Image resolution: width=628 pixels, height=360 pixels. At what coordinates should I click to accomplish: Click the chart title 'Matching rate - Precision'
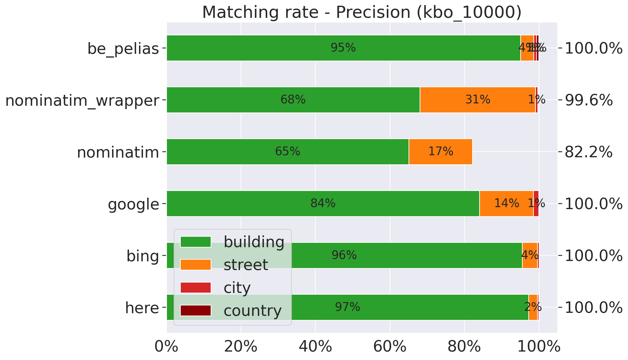click(x=362, y=12)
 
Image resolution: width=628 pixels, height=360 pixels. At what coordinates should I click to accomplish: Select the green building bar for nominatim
click(x=288, y=152)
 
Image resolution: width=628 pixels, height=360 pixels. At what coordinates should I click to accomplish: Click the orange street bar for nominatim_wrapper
click(x=478, y=100)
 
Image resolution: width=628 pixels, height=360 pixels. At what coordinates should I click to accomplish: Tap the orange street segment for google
click(x=506, y=203)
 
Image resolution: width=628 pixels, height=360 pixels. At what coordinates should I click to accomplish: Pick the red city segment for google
click(x=536, y=203)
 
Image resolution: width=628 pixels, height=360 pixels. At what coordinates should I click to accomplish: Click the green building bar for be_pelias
click(x=343, y=48)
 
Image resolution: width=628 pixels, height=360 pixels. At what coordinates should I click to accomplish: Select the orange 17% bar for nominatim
click(x=441, y=152)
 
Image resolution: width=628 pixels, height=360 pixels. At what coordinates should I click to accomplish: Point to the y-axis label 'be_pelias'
click(x=123, y=49)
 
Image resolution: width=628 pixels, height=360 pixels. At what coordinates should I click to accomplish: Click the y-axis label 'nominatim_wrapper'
click(x=82, y=101)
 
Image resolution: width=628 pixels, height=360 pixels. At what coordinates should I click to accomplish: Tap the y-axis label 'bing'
click(x=143, y=256)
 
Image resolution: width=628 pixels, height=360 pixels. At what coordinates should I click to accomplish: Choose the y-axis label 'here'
click(x=142, y=308)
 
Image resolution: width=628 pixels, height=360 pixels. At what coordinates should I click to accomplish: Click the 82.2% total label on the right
click(x=588, y=153)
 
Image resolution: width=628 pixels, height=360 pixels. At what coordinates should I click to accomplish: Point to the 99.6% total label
click(x=588, y=101)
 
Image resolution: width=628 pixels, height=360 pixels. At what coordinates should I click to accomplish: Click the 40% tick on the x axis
click(x=315, y=347)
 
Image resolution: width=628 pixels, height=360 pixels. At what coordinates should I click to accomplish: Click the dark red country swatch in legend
click(x=196, y=310)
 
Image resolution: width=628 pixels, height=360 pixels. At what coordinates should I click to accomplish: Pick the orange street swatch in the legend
click(x=196, y=265)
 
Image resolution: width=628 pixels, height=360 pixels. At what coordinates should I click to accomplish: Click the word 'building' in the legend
click(x=254, y=242)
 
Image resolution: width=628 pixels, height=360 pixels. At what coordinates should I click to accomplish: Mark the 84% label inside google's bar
click(x=323, y=203)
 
